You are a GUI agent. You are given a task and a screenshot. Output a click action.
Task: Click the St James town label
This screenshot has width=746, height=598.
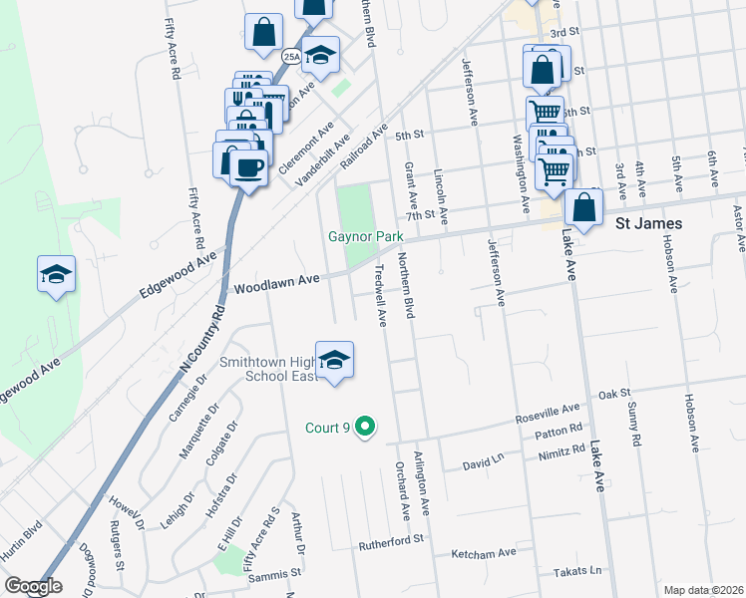pos(648,223)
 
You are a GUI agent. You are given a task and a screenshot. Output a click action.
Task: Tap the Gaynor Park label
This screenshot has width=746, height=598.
pos(366,237)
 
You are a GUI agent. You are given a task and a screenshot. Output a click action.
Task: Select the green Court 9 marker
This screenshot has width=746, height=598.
pos(365,428)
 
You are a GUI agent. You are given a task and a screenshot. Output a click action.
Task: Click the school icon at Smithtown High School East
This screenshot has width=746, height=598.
pos(334,362)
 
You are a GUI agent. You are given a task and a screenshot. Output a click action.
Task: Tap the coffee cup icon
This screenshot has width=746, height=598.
pos(248,165)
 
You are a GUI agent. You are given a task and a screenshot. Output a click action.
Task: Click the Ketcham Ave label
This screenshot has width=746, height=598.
pos(484,551)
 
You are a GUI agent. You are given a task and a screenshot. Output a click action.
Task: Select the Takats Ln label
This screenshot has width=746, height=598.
pos(578,571)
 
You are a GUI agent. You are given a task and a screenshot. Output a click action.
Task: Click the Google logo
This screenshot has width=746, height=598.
pos(33,586)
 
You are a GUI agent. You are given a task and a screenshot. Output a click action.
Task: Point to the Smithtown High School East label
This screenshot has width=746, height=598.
pos(282,369)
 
